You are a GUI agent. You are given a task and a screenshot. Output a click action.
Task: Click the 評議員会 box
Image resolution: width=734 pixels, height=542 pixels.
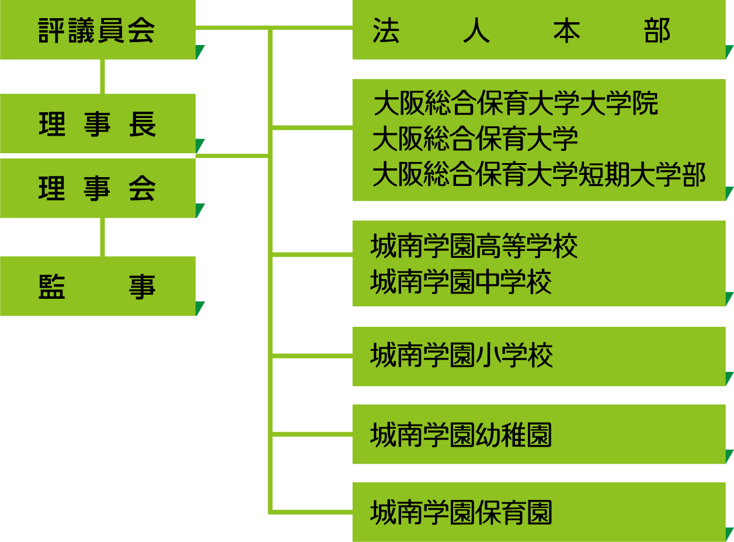pos(98,30)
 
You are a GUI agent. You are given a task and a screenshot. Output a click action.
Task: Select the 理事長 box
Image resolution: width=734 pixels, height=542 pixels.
pos(98,123)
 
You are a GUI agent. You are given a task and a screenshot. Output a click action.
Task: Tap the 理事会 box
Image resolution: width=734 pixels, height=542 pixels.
pos(98,188)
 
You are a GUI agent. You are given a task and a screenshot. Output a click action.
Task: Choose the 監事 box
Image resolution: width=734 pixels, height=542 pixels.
pos(98,286)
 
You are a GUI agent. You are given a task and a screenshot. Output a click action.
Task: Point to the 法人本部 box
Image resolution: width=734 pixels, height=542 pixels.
pos(538,30)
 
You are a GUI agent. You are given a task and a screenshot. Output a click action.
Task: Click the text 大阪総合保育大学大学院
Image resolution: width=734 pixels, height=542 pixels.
pos(516,103)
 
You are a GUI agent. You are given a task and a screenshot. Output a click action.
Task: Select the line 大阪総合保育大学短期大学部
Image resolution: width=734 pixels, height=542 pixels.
pos(539,174)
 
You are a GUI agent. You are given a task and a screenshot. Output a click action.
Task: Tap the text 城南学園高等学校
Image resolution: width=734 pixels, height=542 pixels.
pos(474,246)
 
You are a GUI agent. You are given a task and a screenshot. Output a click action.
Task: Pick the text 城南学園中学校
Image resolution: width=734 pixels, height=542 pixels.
pos(461,282)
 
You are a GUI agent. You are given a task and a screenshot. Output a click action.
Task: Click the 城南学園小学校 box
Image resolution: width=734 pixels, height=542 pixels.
pos(538,356)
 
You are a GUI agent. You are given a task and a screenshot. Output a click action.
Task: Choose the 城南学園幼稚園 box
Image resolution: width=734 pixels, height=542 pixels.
pos(538,434)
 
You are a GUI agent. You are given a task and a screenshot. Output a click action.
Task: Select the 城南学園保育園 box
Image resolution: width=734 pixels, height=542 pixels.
pos(538,512)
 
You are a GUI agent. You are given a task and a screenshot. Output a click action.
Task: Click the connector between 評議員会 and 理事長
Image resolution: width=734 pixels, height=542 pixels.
pos(103,77)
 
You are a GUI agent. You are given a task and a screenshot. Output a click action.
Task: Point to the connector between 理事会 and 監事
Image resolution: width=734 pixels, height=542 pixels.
pos(103,237)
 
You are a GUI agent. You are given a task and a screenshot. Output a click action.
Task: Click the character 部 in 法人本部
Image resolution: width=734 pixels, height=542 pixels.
pos(657,31)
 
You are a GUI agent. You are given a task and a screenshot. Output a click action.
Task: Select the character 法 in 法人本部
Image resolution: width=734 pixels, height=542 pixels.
pos(386,31)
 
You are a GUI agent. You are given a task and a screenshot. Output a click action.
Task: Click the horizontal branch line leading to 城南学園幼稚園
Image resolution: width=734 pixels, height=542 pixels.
pos(312,434)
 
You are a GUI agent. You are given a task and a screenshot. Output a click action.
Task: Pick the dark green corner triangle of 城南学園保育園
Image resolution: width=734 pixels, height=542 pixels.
pos(729,534)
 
